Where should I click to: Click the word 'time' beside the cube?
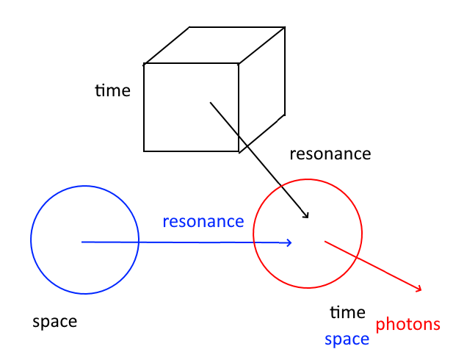tap(112, 90)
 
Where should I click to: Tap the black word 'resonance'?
tap(330, 154)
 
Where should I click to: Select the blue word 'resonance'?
tap(203, 221)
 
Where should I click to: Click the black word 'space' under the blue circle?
tap(54, 321)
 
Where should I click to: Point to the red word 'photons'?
tap(408, 324)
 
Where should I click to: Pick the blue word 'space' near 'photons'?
tap(347, 339)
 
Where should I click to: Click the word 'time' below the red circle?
tap(347, 312)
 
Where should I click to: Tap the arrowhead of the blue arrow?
tap(291, 243)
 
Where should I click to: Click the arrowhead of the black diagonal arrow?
tap(306, 217)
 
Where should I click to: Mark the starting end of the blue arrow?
tap(82, 242)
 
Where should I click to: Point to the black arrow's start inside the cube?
tap(211, 103)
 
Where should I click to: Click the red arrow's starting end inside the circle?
tap(325, 241)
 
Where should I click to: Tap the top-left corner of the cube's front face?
tap(144, 64)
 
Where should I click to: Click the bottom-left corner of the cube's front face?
tap(144, 151)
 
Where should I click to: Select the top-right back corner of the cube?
tap(284, 28)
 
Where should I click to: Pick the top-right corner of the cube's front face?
tap(239, 64)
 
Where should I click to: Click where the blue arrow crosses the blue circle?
tap(139, 242)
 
